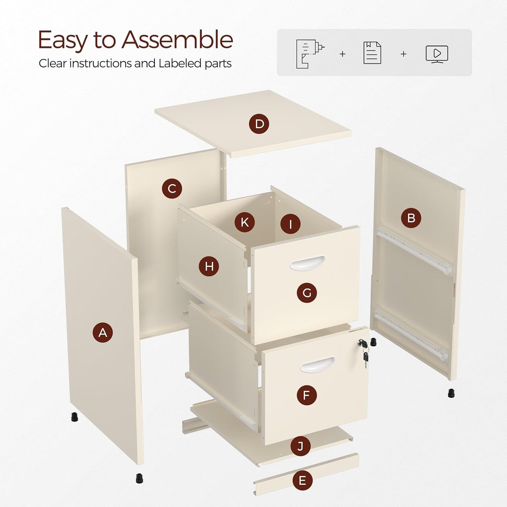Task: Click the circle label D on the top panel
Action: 259,124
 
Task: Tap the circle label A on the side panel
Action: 102,332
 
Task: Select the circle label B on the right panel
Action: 411,218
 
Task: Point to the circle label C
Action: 172,188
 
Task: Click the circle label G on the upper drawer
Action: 307,293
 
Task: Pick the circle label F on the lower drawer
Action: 307,395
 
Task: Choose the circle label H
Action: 209,266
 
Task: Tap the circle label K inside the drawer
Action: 245,222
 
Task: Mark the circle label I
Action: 290,224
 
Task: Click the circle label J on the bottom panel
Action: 300,446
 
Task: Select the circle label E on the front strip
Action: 302,480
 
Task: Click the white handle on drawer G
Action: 307,263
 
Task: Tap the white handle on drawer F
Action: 318,365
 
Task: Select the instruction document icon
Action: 372,53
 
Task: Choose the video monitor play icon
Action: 436,54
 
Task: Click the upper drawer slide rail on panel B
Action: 414,251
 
